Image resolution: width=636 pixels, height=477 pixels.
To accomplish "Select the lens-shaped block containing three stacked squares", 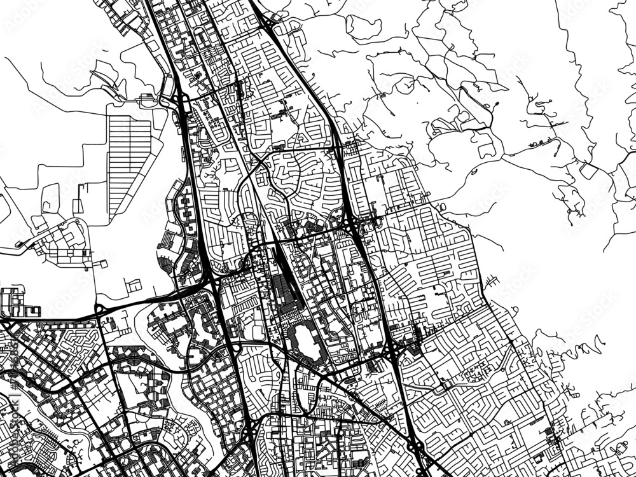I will click(185, 210).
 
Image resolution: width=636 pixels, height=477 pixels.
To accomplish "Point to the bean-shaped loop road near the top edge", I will click(363, 25).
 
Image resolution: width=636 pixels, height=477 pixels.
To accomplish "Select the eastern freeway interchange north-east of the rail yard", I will click(353, 223).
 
